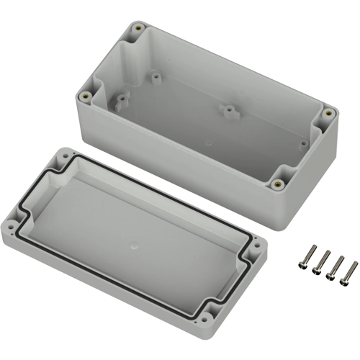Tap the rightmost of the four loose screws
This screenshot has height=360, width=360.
pyautogui.click(x=351, y=271)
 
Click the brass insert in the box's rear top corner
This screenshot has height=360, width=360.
pyautogui.click(x=138, y=30)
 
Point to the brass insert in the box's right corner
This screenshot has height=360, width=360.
pyautogui.click(x=328, y=113)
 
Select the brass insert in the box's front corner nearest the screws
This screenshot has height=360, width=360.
pyautogui.click(x=277, y=184)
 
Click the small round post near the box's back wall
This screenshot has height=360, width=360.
pyautogui.click(x=156, y=74)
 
